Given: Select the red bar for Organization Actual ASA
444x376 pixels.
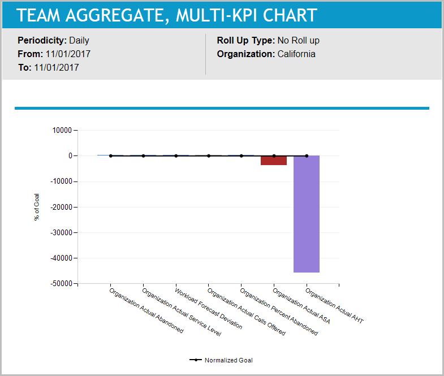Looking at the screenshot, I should pyautogui.click(x=273, y=161).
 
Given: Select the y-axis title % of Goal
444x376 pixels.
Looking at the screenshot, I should pyautogui.click(x=37, y=207).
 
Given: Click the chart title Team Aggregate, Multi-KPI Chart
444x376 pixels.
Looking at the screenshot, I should pyautogui.click(x=167, y=15).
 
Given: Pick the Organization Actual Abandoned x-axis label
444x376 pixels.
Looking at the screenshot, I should pyautogui.click(x=146, y=311).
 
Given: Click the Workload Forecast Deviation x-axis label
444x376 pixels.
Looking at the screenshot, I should pyautogui.click(x=209, y=309).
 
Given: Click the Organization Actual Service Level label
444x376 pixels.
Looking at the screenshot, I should pyautogui.click(x=182, y=313).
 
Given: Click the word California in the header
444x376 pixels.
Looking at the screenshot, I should pyautogui.click(x=296, y=54).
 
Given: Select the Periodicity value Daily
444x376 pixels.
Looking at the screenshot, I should pyautogui.click(x=79, y=41).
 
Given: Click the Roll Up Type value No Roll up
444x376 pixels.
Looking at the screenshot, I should pyautogui.click(x=299, y=41).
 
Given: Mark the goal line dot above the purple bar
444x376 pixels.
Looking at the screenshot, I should pyautogui.click(x=307, y=155).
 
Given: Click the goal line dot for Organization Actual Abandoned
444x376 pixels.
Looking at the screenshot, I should pyautogui.click(x=111, y=155).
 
